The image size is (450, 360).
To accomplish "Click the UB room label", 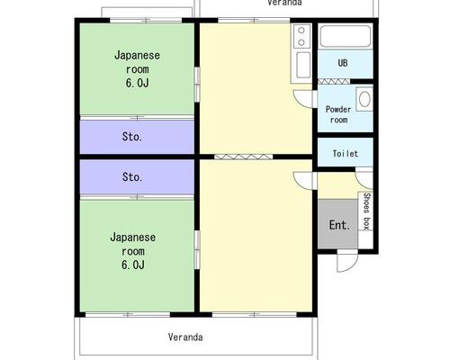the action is click(x=343, y=63).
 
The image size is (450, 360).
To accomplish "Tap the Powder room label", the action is click(x=338, y=114).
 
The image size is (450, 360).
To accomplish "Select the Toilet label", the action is click(x=346, y=154).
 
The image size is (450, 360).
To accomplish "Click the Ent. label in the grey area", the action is click(x=339, y=225).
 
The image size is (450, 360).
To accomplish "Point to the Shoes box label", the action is click(x=366, y=211).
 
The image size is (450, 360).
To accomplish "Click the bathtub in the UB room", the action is click(x=346, y=36).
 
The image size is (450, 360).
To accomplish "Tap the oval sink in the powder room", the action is click(x=364, y=99).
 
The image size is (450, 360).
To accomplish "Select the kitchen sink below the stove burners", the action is click(x=303, y=65).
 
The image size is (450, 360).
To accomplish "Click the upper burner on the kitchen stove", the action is click(x=301, y=31).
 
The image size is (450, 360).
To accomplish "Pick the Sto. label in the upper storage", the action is click(x=132, y=137).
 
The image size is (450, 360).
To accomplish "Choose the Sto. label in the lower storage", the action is click(x=132, y=176).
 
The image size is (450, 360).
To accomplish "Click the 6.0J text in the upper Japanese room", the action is click(x=137, y=83).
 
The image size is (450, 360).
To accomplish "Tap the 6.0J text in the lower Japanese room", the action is click(x=133, y=265).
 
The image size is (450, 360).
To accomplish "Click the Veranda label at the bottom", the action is click(x=185, y=337).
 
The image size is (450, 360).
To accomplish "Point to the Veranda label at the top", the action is click(x=284, y=3).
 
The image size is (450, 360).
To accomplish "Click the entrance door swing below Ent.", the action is click(x=347, y=261).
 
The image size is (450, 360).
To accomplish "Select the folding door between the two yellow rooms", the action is click(x=244, y=157).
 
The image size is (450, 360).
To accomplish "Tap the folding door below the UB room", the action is click(x=334, y=81).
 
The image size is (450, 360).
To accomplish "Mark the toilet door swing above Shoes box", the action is click(x=364, y=180).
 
